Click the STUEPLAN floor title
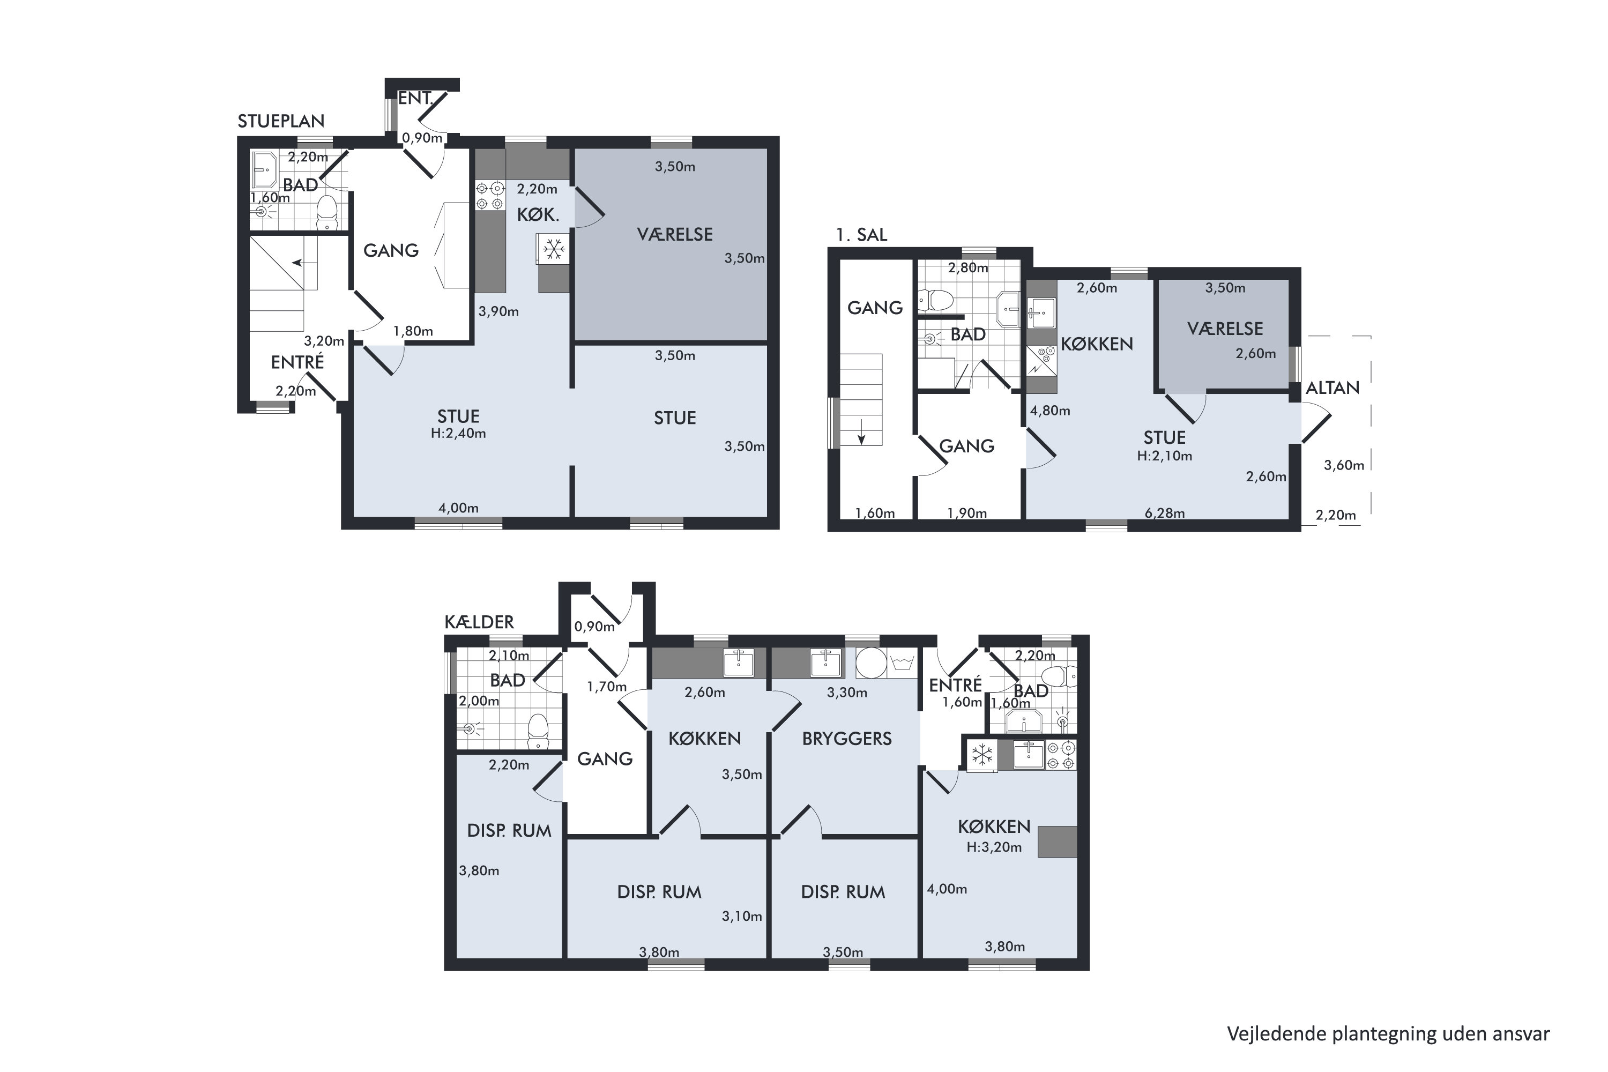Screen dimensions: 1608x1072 [x=281, y=121]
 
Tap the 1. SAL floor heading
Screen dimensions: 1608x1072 [x=861, y=235]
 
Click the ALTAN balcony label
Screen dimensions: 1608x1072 [x=1332, y=388]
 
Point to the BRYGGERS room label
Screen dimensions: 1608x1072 [x=847, y=739]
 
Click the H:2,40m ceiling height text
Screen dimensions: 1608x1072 [x=458, y=434]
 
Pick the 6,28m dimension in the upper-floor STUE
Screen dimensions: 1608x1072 [x=1165, y=513]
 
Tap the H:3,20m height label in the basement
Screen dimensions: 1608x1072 [x=994, y=847]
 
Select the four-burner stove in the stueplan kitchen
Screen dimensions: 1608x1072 [x=489, y=195]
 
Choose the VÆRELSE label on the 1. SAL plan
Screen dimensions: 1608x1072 [x=1225, y=329]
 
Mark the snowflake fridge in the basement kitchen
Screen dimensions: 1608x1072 [x=982, y=755]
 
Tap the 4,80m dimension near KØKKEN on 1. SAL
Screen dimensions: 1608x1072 [x=1050, y=411]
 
